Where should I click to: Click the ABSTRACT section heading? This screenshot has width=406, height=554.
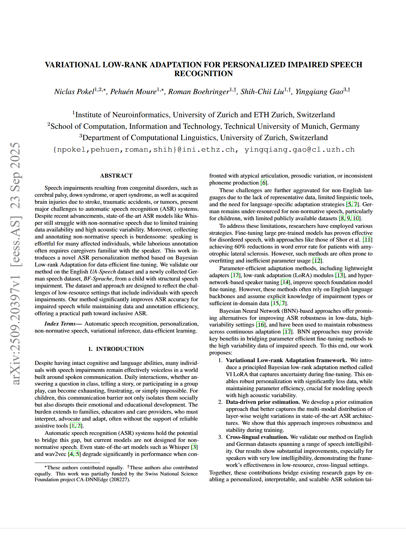click(116, 176)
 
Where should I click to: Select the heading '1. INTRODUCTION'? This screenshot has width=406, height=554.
click(116, 349)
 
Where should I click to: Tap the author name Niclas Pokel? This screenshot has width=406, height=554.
click(74, 92)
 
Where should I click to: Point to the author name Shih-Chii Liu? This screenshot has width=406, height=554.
click(262, 92)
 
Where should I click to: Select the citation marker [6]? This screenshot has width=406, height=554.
click(264, 183)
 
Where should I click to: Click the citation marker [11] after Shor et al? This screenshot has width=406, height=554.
click(367, 240)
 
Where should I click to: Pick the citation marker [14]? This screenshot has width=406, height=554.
click(285, 282)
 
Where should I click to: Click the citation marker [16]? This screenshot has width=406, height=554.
click(261, 325)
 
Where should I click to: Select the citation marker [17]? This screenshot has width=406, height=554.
click(287, 332)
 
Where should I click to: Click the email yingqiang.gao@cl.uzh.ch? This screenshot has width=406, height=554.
click(299, 150)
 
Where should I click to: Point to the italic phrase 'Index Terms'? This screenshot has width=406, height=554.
click(60, 324)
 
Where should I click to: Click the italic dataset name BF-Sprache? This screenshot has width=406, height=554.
click(98, 279)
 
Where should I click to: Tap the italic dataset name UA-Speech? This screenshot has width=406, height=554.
click(103, 272)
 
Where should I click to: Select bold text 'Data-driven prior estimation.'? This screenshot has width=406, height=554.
click(263, 402)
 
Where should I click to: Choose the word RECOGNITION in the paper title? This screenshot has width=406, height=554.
click(203, 74)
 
